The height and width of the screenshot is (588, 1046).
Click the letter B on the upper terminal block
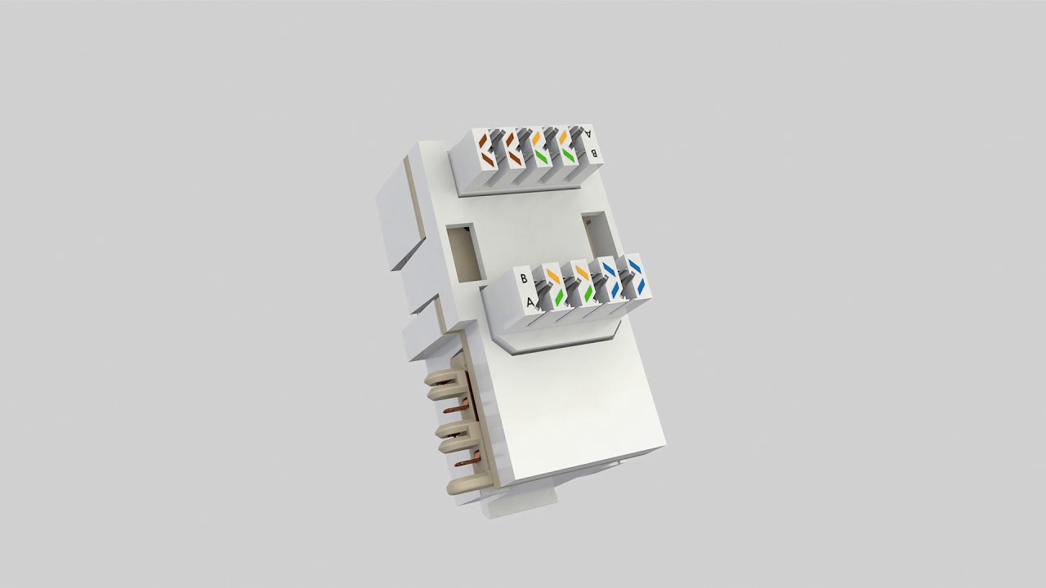pyautogui.click(x=594, y=152)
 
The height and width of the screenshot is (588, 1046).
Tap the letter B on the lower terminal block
pyautogui.click(x=523, y=278)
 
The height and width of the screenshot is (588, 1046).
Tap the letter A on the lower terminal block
pyautogui.click(x=530, y=303)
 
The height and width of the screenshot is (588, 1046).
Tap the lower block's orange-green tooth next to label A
pyautogui.click(x=556, y=287)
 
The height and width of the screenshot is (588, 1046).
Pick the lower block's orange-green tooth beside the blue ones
pyautogui.click(x=583, y=283)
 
